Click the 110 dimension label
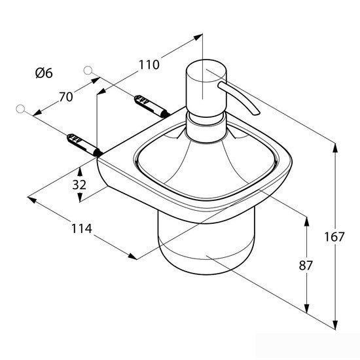[149, 65]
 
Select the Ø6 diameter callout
[44, 73]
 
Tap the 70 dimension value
[66, 97]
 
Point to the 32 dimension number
[79, 185]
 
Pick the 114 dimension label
[82, 228]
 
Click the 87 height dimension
[306, 266]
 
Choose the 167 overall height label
[334, 237]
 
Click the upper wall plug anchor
[152, 106]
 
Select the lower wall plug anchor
[84, 145]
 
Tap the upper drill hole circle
[88, 71]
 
